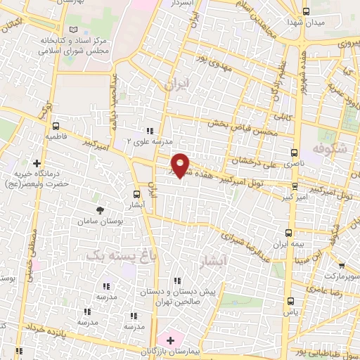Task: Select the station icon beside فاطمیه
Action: tap(55, 127)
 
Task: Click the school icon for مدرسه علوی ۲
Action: tap(150, 130)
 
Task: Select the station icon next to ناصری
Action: tap(294, 152)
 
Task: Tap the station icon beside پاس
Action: tap(290, 300)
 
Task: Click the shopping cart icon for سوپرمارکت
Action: tap(342, 266)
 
